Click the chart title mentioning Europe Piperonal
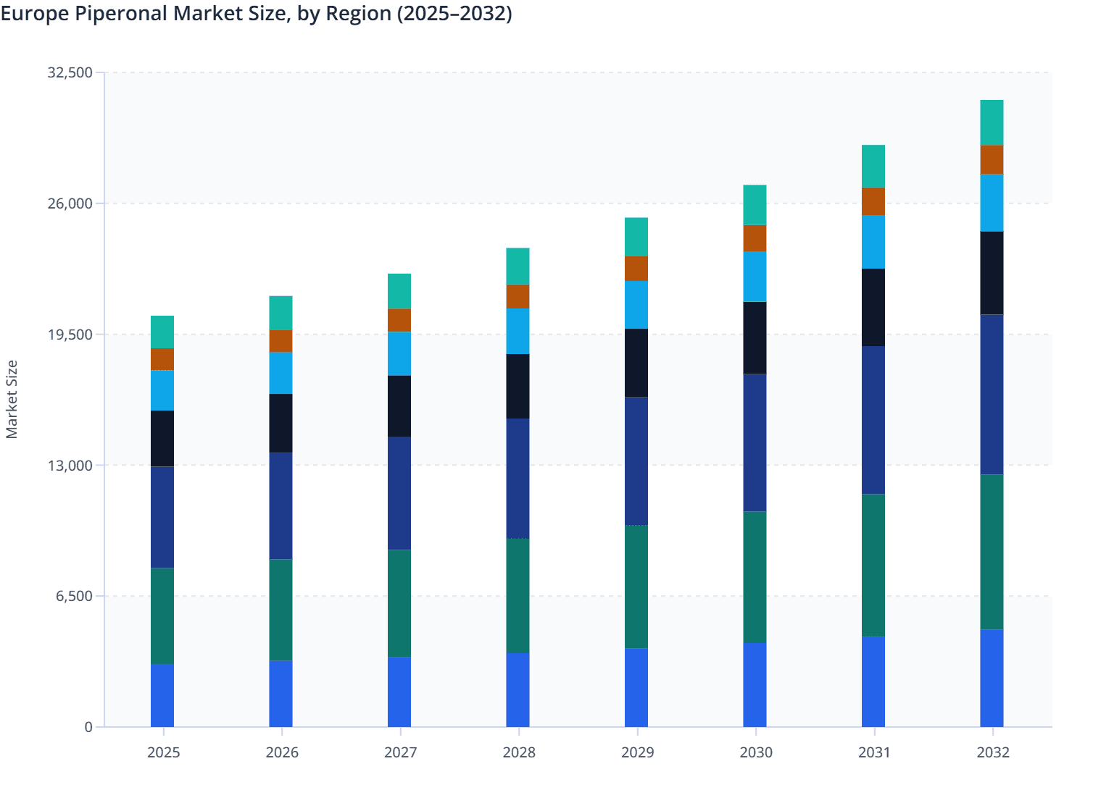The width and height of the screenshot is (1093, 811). pos(256,14)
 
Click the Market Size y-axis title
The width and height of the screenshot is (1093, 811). pos(12,399)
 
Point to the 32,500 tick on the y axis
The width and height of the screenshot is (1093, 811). pos(70,72)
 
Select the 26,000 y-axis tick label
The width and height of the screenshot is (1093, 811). pos(70,203)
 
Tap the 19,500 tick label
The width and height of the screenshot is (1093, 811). pos(70,335)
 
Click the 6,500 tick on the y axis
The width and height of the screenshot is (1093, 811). pos(74,597)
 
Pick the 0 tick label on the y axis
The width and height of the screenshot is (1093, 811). pos(88,727)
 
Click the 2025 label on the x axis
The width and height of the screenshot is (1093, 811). pos(163,752)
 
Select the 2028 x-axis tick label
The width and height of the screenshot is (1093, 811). pos(518,752)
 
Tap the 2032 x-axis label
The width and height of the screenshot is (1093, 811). pos(992,752)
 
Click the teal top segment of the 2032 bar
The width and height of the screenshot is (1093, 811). pos(992,122)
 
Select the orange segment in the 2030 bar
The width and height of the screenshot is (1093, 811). pos(755,238)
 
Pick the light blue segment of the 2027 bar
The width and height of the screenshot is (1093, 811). pos(399,353)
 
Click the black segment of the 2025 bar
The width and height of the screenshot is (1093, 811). pos(162,439)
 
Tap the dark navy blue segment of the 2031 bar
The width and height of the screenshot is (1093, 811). pos(873,420)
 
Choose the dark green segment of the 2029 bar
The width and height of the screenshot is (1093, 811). pos(636,587)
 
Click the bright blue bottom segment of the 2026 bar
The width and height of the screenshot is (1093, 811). pos(280,694)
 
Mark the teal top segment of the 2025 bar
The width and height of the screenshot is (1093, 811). pos(162,332)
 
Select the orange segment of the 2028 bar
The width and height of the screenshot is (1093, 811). pos(518,296)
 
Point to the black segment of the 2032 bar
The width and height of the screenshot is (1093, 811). pos(992,273)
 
